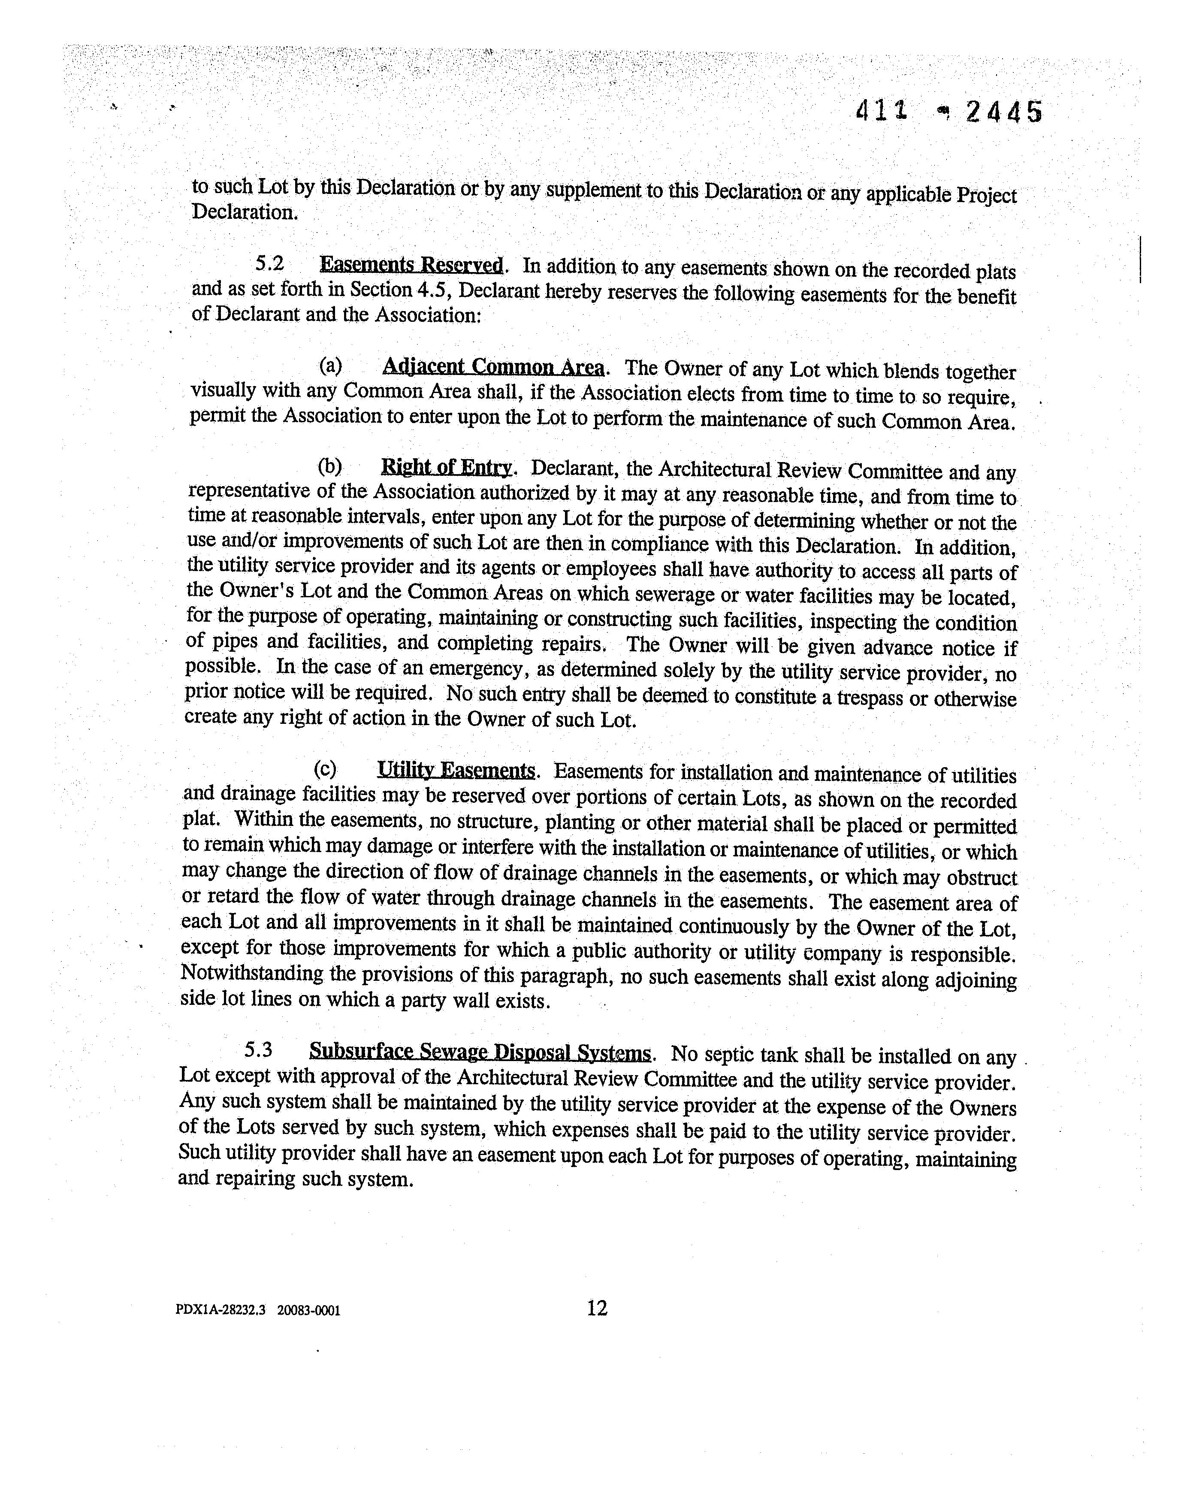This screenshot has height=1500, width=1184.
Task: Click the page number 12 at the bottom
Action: pos(597,1308)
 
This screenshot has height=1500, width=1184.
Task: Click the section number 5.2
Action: pos(270,263)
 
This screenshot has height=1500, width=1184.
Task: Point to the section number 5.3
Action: pos(258,1051)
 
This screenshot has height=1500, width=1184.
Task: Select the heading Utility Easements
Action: pos(456,770)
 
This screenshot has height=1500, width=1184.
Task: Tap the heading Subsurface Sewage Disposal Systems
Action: pos(480,1052)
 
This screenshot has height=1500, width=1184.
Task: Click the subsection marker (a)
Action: pos(330,365)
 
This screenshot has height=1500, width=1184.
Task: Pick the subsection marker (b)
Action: pos(329,466)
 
